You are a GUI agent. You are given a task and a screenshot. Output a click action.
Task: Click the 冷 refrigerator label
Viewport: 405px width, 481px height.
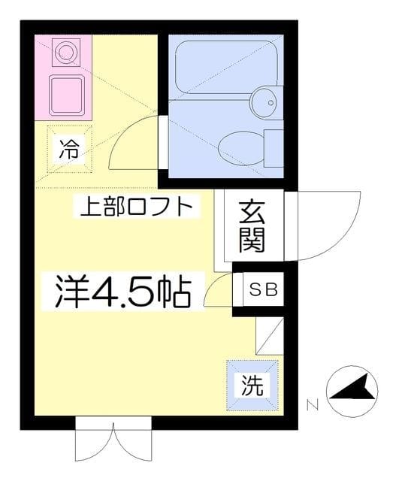point(68,148)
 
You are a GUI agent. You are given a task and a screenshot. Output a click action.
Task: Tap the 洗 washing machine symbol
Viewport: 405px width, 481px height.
point(252,386)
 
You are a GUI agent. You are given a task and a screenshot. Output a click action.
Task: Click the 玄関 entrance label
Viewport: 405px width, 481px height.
point(252,226)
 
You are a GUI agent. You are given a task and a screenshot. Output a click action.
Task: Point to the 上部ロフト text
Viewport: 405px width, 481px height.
point(141,206)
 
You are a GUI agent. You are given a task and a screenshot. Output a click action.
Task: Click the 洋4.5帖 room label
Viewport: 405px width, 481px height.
point(121,292)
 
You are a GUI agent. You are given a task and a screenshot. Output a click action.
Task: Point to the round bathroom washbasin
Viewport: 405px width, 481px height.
point(264,98)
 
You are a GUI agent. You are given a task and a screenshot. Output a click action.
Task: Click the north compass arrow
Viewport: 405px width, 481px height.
point(351,390)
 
